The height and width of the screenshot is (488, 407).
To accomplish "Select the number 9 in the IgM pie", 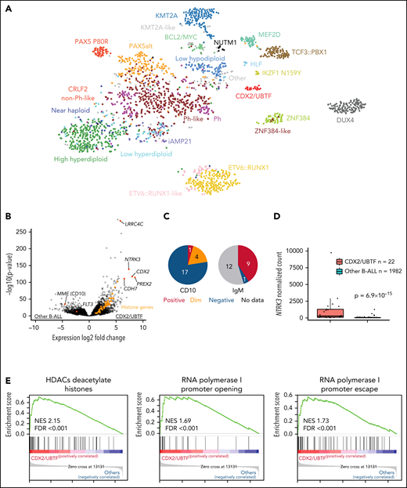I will click(x=271, y=276).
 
